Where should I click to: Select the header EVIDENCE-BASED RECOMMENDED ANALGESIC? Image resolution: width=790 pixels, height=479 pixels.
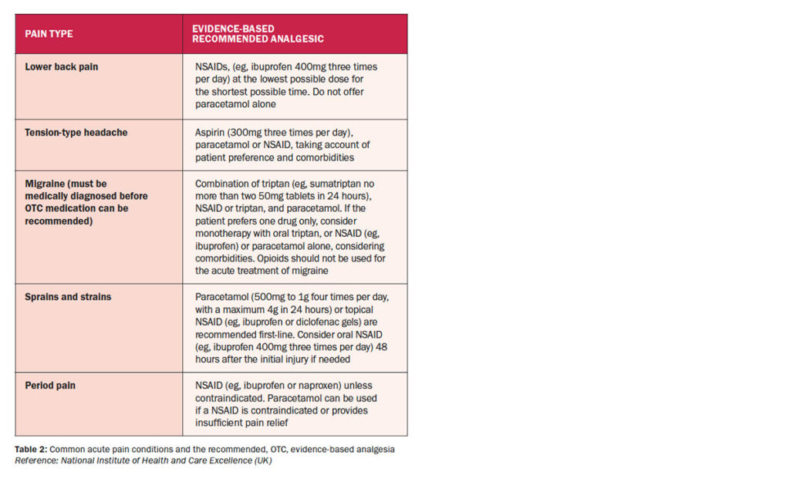258,34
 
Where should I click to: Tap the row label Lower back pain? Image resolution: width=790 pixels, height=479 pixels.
62,67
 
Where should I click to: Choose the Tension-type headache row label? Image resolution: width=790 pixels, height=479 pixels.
76,133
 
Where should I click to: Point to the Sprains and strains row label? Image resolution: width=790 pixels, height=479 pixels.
68,297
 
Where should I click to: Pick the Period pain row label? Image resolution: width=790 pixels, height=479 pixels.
50,386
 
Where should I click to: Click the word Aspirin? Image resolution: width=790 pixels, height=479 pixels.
210,133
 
